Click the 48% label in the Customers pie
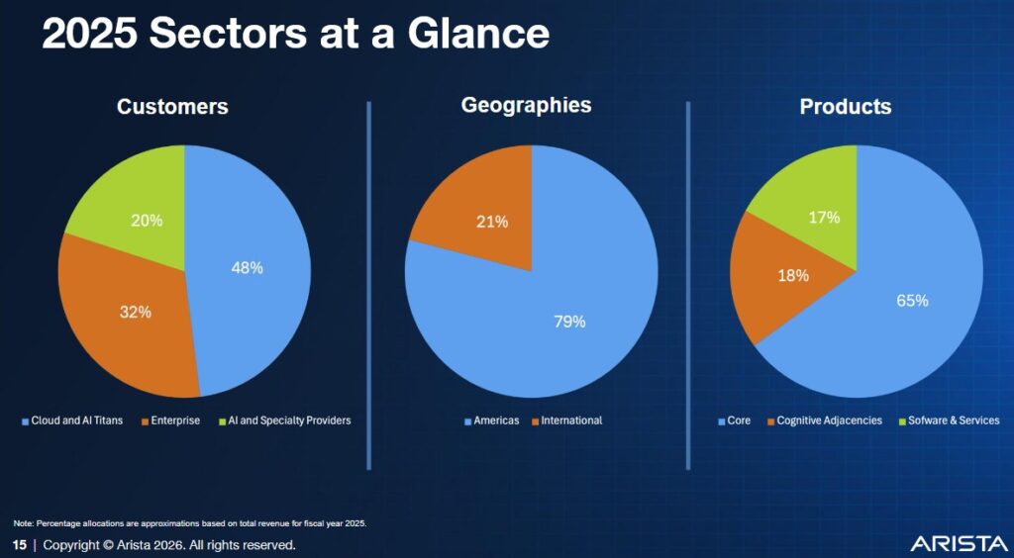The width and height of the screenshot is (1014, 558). coord(247,267)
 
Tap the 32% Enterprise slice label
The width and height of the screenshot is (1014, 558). coord(136,312)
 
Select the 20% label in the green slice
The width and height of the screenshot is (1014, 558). coord(147,220)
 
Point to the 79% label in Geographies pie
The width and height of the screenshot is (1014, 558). coord(569,322)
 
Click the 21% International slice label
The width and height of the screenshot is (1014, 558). coord(491,222)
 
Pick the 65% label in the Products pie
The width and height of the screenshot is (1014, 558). coord(912,301)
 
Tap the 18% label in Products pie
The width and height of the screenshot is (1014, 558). coord(793,276)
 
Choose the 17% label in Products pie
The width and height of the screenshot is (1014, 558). coord(824,217)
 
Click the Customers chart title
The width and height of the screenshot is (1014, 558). coord(172,107)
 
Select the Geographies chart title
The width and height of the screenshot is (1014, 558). coord(526,105)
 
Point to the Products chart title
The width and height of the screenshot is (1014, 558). coord(846,107)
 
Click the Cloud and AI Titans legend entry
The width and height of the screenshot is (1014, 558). coord(75,420)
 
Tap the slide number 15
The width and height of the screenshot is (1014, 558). coord(20,545)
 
